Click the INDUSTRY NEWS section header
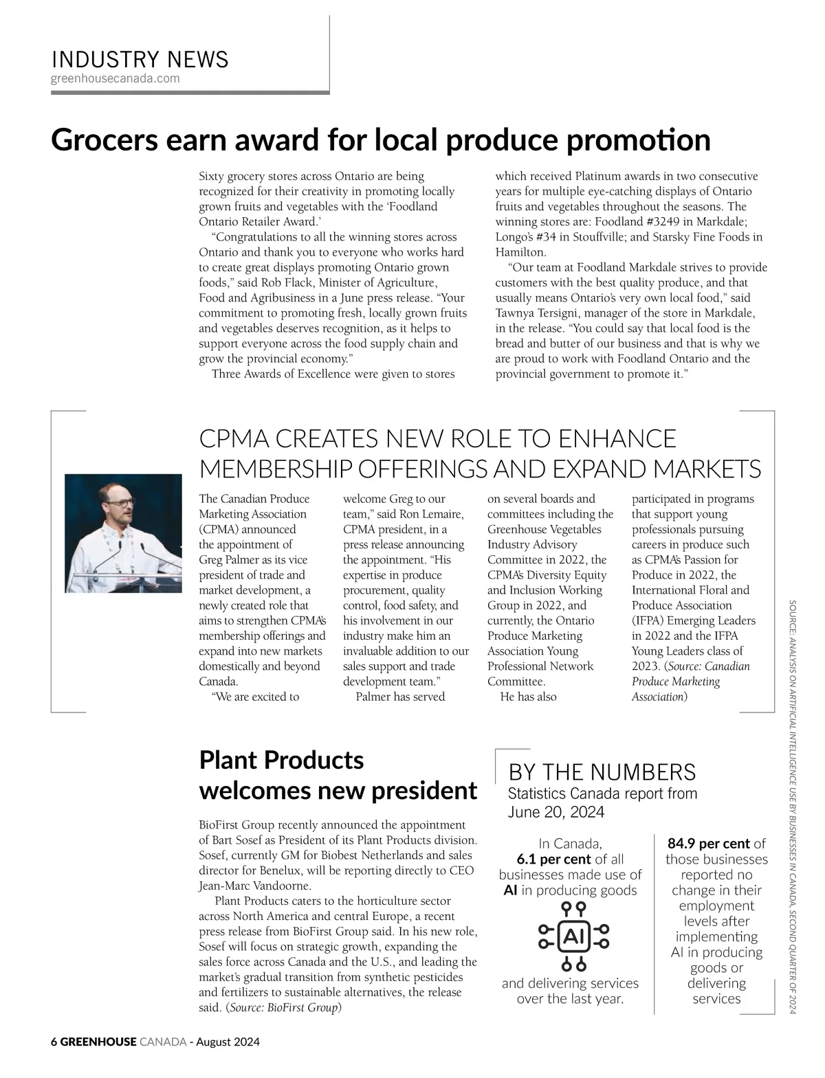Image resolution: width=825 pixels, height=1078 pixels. [x=140, y=60]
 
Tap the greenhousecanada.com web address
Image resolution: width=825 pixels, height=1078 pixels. [x=115, y=78]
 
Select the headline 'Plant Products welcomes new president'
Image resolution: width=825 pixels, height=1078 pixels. [x=338, y=775]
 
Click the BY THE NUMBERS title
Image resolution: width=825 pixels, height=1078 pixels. [x=602, y=772]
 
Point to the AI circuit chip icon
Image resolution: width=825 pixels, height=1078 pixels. [x=573, y=936]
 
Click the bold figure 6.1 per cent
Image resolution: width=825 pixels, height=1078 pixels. [x=553, y=859]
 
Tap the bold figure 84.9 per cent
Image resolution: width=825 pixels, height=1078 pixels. [x=708, y=843]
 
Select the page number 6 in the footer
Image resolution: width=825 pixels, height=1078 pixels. [x=54, y=1042]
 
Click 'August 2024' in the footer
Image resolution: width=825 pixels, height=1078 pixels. [x=228, y=1042]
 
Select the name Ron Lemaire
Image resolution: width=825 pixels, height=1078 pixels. [x=432, y=514]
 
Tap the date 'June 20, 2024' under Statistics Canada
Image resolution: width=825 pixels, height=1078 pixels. [x=555, y=812]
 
